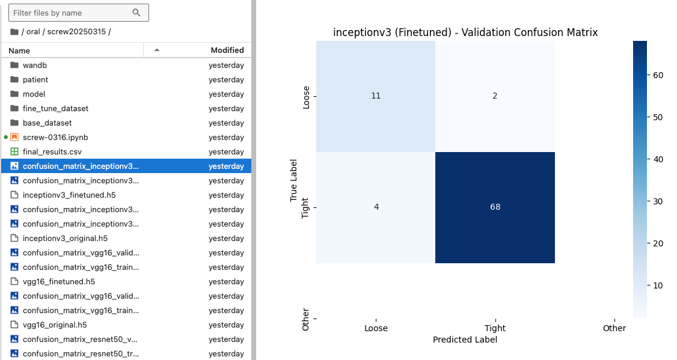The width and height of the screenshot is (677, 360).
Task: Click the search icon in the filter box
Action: point(136,13)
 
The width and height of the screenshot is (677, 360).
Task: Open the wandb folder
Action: point(34,65)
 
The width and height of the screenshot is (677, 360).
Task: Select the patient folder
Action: point(35,80)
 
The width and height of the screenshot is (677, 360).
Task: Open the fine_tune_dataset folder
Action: point(55,109)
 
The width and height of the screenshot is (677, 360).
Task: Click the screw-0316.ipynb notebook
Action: point(55,137)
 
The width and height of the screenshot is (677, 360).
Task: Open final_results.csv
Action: point(52,152)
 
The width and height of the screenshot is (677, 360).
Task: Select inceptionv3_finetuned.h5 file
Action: point(69,195)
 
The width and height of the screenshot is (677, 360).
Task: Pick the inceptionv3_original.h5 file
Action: point(65,238)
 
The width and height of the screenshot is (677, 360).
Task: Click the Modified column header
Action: point(227,50)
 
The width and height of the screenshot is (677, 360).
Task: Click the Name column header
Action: point(19,50)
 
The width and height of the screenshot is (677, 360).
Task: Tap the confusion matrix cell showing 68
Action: point(495,207)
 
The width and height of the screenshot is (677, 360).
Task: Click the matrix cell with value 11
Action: point(376,96)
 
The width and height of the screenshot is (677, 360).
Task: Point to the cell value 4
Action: point(376,207)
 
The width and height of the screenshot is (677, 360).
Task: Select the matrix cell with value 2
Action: point(495,96)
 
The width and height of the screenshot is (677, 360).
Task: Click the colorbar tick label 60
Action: point(658,75)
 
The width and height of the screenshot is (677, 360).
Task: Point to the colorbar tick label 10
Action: point(658,285)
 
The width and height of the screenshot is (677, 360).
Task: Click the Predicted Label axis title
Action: point(465,340)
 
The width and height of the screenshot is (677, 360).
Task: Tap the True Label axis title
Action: point(293,180)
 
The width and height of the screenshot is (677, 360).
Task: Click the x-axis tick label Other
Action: point(614,328)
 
